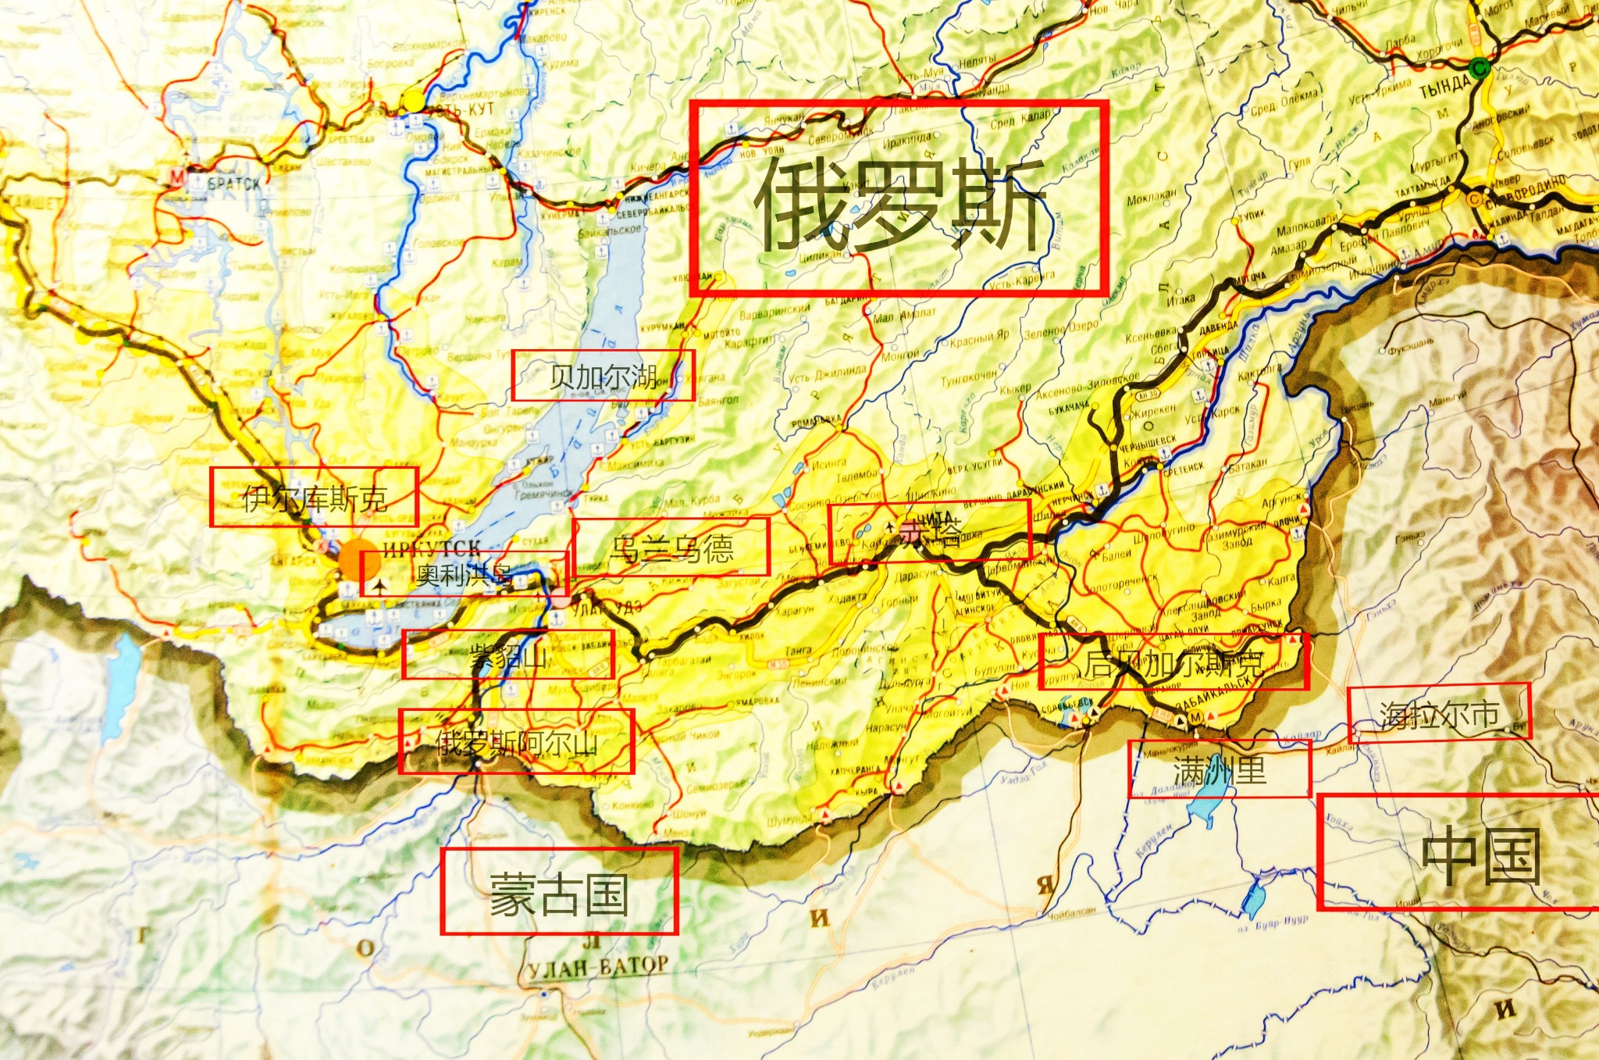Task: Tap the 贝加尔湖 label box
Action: (x=603, y=376)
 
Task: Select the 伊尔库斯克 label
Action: (x=314, y=497)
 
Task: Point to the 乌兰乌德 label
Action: (x=671, y=547)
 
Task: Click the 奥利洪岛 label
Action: (x=465, y=575)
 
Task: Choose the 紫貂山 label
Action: (x=508, y=655)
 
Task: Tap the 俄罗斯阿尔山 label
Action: (x=516, y=741)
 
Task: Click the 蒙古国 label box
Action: (x=559, y=891)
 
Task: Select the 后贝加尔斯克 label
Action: (x=1173, y=662)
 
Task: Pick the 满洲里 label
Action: (x=1219, y=769)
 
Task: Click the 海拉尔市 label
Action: (x=1439, y=712)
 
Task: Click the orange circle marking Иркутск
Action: (x=358, y=560)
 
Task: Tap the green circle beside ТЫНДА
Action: (x=1478, y=69)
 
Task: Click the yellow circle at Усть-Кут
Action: (x=413, y=101)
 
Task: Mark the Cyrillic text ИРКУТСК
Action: (x=431, y=547)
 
